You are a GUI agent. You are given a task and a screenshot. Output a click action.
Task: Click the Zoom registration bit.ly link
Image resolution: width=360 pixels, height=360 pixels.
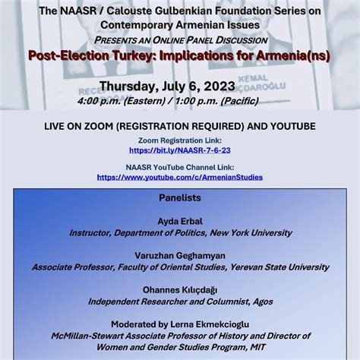click(x=179, y=150)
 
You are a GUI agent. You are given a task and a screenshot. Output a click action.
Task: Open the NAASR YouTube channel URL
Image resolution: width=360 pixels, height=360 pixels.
click(x=179, y=177)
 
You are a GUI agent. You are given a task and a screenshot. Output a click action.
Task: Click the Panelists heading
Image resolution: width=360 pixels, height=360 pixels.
click(x=180, y=197)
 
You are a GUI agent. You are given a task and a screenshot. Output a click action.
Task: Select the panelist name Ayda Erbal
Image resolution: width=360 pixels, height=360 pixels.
click(x=180, y=221)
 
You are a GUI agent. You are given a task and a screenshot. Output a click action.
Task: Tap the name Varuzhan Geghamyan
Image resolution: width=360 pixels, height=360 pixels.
click(x=180, y=255)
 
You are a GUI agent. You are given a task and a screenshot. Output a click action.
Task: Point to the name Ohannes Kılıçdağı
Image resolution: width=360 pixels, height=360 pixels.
click(x=180, y=289)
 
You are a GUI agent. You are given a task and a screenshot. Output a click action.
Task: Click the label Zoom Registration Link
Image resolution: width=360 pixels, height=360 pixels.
click(x=180, y=141)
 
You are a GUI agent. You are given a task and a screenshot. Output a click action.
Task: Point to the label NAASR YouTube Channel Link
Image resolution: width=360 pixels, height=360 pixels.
click(x=180, y=167)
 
